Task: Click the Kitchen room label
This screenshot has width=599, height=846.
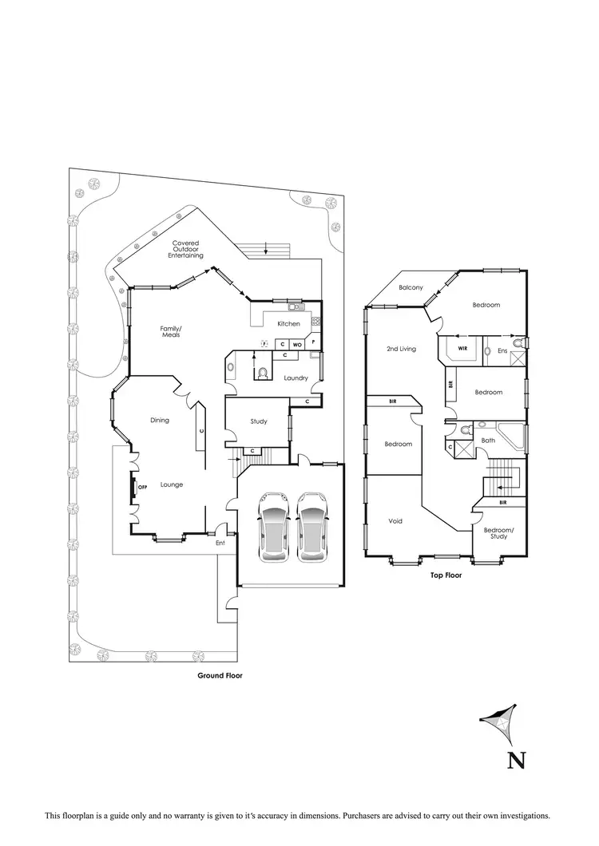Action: click(288, 324)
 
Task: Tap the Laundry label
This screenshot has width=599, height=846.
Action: click(296, 378)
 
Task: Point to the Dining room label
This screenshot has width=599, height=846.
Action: click(159, 420)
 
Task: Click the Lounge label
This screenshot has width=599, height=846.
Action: click(172, 484)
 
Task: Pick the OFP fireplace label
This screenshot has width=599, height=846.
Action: click(144, 487)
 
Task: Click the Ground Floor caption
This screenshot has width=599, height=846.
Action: click(220, 675)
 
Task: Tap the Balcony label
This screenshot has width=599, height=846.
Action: click(411, 287)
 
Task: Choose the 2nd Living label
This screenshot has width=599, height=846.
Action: click(401, 349)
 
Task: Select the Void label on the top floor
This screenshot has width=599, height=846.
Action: click(395, 521)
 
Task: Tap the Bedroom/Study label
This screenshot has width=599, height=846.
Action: click(499, 533)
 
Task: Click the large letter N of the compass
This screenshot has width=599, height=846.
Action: click(516, 760)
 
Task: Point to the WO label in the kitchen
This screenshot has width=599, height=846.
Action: click(297, 344)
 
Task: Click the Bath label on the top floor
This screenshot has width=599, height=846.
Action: click(488, 440)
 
